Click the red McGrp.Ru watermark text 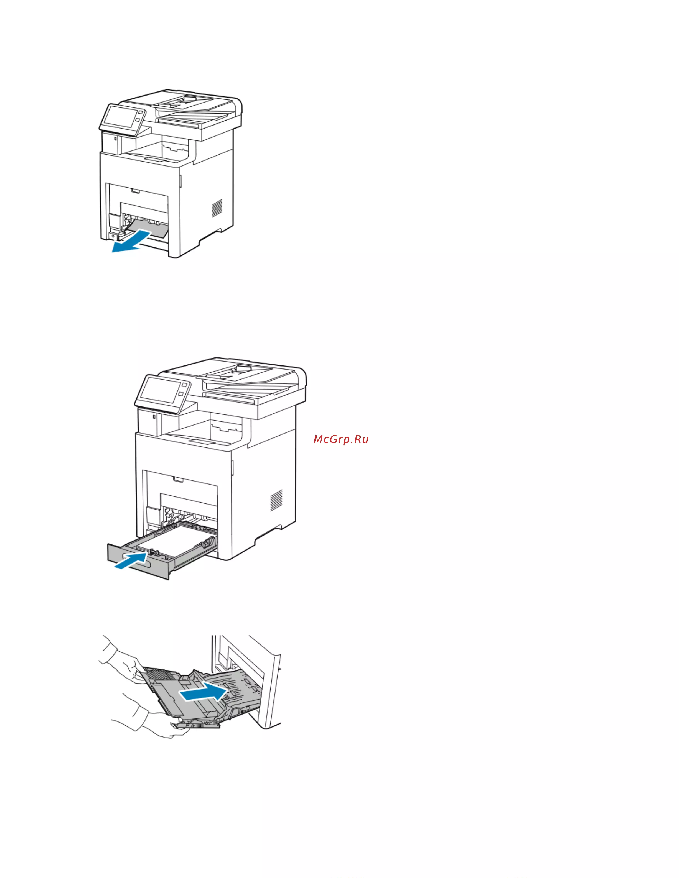[341, 439]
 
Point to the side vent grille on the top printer [217, 208]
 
